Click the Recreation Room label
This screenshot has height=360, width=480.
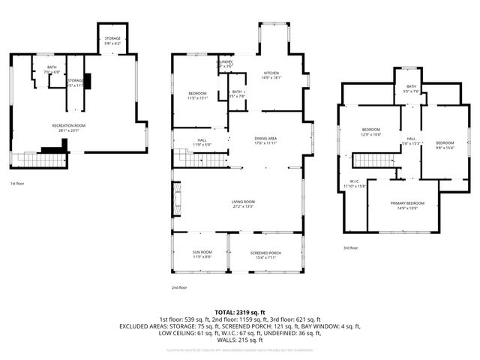click(x=69, y=127)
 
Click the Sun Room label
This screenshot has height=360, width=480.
click(x=201, y=254)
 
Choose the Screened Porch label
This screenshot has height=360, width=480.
click(x=265, y=254)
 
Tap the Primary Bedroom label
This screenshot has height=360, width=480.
click(x=407, y=205)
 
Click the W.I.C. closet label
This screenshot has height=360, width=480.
click(x=355, y=183)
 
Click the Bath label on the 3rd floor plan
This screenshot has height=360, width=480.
click(x=411, y=88)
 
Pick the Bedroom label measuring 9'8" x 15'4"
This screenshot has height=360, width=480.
click(x=445, y=145)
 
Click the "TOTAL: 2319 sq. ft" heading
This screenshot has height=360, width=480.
click(x=240, y=311)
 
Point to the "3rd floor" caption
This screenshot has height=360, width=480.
click(x=350, y=247)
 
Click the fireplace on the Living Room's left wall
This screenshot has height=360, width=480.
click(x=176, y=199)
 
